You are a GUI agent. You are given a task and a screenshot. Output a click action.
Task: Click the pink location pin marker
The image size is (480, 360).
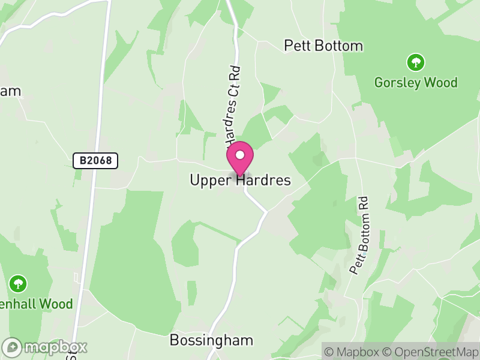click(240, 159)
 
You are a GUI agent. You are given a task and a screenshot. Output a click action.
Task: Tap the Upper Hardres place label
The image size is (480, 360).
click(240, 180)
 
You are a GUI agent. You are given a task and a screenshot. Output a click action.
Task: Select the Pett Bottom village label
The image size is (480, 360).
click(323, 46)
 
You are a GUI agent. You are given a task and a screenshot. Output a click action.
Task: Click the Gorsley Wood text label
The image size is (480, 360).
click(416, 82)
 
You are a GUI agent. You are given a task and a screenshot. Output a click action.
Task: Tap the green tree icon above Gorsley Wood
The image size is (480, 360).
click(415, 62)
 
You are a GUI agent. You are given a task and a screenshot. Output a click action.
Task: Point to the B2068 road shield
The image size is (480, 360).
click(95, 160)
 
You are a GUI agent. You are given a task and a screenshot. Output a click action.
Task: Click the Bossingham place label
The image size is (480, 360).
click(211, 340)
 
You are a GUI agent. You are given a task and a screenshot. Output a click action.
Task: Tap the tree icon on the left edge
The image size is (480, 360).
click(19, 283)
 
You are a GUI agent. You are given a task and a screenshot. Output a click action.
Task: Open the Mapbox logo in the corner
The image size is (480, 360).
click(45, 347)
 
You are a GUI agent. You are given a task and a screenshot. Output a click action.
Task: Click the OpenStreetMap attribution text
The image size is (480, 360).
click(430, 352)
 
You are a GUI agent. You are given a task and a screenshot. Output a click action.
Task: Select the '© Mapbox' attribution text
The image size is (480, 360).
click(353, 352)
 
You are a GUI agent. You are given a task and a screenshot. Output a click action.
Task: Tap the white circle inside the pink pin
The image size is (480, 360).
click(240, 155)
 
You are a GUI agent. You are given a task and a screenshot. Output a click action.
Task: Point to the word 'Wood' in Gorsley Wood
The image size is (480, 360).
click(439, 82)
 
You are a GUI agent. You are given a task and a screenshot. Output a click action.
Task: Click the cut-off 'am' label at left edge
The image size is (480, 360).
click(10, 91)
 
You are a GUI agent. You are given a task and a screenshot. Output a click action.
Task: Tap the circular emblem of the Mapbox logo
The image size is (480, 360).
click(13, 347)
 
